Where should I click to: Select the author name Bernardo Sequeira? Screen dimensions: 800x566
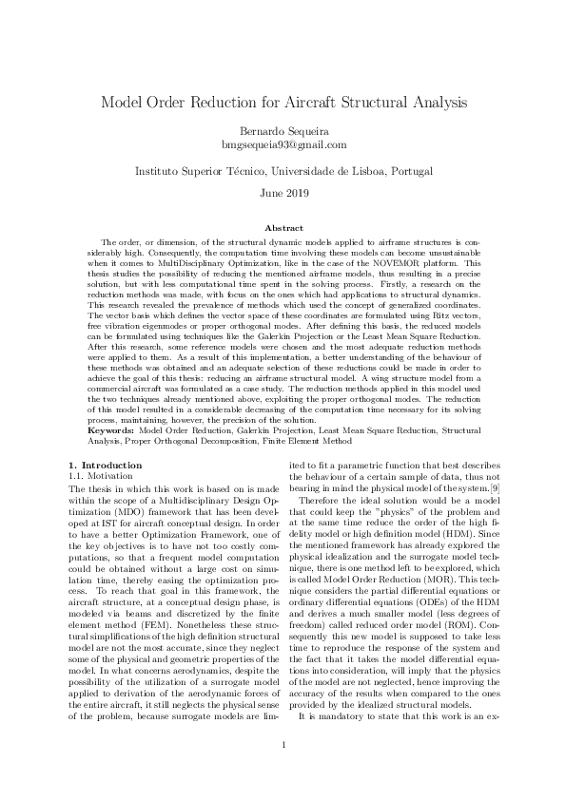[283, 131]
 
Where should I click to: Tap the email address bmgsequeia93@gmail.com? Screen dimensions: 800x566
[283, 144]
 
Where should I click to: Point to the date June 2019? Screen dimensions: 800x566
[283, 193]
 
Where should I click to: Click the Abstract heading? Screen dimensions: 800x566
[283, 228]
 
